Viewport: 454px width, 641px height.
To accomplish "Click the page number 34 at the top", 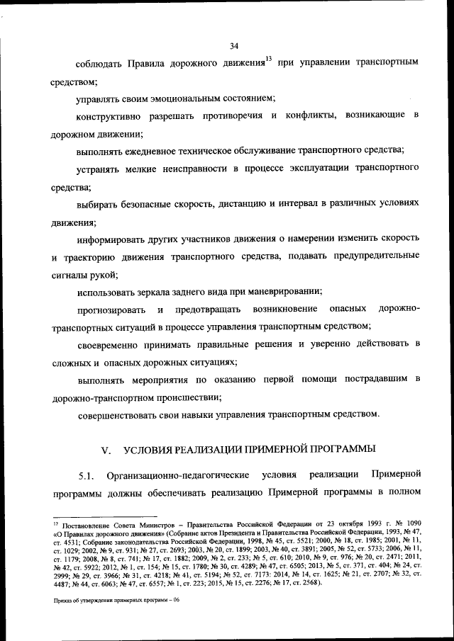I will pyautogui.click(x=234, y=47).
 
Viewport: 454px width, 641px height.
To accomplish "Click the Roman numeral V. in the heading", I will pyautogui.click(x=107, y=449).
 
